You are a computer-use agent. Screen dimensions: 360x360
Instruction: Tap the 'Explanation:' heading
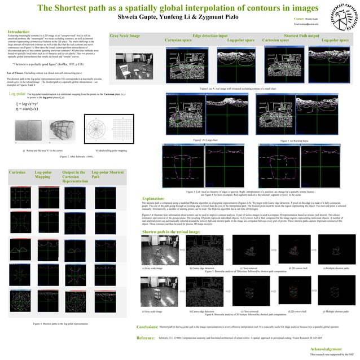(x=153, y=199)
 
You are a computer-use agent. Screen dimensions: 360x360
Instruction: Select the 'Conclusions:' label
(x=147, y=327)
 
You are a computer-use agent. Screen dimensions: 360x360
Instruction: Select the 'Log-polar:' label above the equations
(x=17, y=94)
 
